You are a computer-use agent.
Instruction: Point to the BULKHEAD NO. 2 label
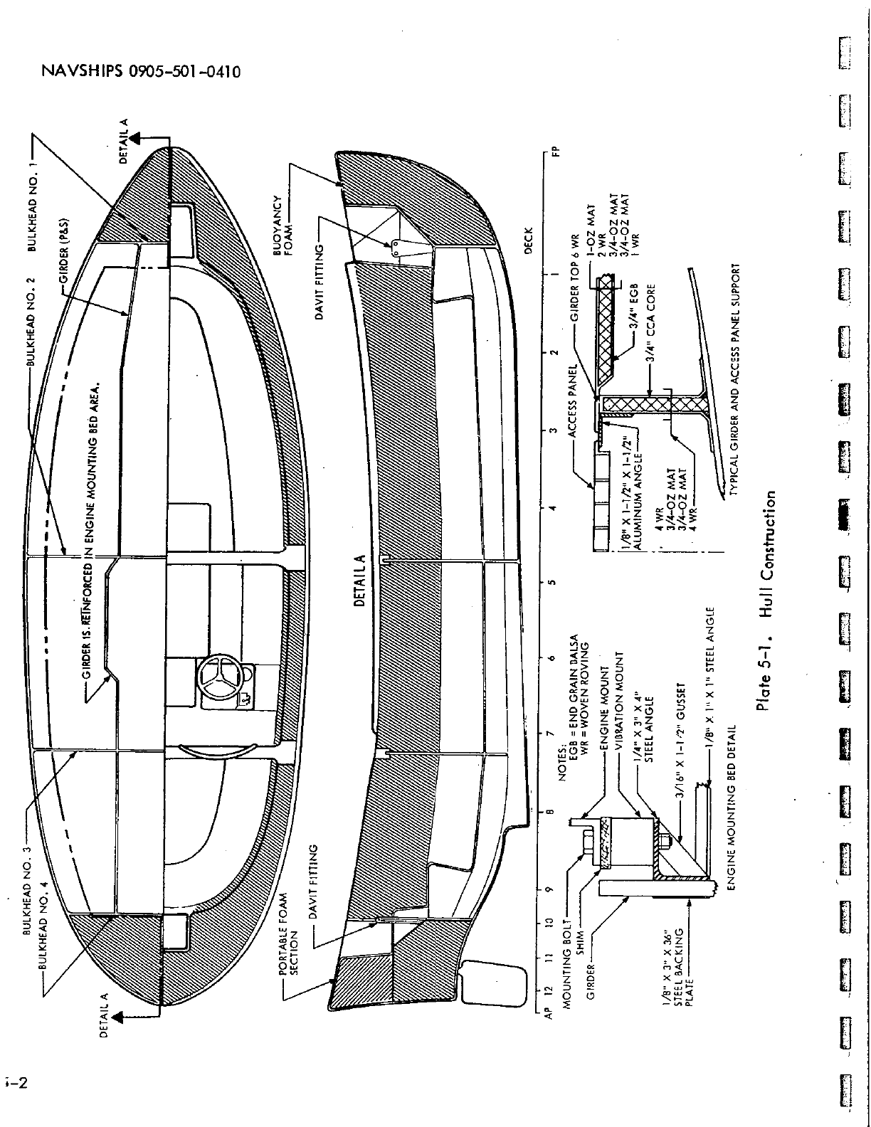[x=33, y=327]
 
